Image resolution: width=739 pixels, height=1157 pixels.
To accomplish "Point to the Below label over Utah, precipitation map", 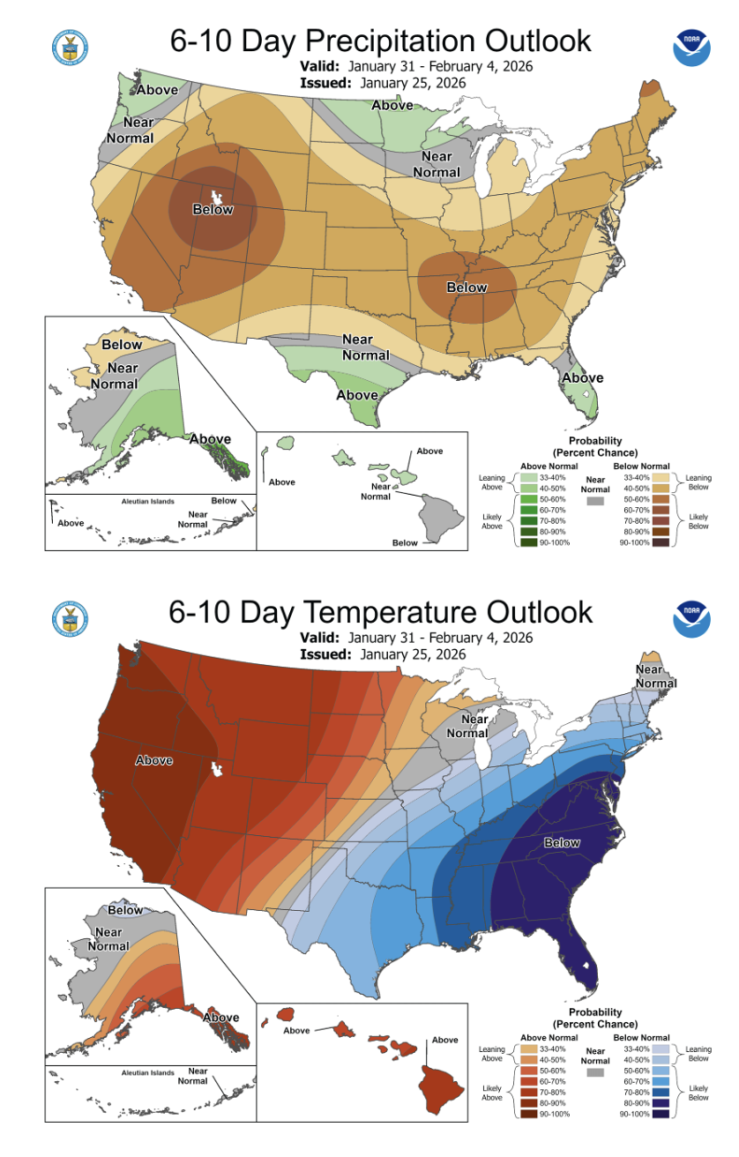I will [213, 209].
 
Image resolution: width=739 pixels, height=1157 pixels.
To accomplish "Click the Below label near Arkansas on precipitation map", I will [467, 287].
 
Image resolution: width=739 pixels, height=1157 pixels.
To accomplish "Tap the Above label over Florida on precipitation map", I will [583, 378].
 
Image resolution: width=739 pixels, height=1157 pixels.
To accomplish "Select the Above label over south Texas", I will [357, 395].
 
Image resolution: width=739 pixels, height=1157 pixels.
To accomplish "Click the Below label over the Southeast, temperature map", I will [562, 842].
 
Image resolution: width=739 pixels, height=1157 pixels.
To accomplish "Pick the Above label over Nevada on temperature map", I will [154, 759].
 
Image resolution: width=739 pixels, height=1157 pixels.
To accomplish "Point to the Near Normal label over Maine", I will [650, 676].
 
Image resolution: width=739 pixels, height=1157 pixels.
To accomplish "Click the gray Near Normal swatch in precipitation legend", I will [595, 500].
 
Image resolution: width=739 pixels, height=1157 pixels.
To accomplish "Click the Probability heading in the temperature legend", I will [595, 1012].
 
